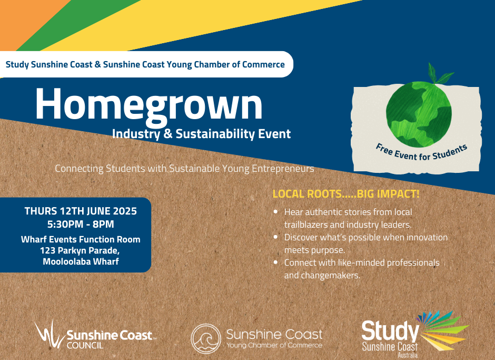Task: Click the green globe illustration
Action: tap(419, 114)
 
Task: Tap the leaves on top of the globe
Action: tap(439, 74)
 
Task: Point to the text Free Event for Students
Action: tap(421, 152)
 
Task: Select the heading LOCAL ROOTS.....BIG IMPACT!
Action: tap(346, 194)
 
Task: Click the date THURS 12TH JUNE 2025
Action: tap(81, 211)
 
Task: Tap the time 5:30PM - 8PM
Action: tap(81, 224)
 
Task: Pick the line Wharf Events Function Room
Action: tap(81, 239)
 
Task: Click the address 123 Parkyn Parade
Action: tap(80, 251)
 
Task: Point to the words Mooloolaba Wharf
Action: tap(81, 262)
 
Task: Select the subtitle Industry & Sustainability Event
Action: tap(201, 134)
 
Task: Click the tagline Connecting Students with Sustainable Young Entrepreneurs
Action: tap(184, 169)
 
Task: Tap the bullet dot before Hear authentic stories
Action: tap(275, 211)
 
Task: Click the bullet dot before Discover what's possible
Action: tap(275, 237)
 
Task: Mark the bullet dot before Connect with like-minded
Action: tap(275, 262)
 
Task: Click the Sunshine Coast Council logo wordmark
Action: tap(110, 338)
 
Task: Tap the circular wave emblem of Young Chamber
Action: tap(206, 338)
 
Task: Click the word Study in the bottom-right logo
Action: tap(390, 331)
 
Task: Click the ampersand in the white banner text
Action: tap(98, 64)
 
